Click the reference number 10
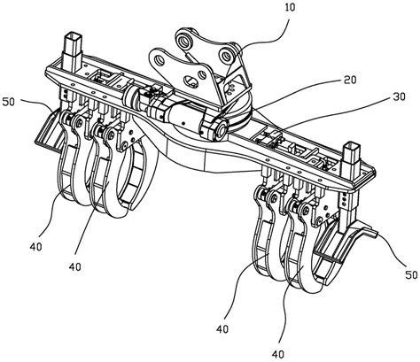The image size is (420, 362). coord(290,7)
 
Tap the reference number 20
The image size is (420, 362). coord(349,80)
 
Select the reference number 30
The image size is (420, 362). coord(399,96)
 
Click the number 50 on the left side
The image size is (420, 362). coord(9,102)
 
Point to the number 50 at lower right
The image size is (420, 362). coord(411,275)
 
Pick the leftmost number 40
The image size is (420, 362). coord(35,247)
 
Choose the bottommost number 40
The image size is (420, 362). coord(277,354)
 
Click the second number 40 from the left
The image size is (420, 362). coord(75,267)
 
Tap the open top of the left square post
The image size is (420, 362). coord(73,37)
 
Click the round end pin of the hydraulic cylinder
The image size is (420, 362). coord(221,129)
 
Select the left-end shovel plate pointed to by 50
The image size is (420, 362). coord(50,130)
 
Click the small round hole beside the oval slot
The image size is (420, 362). coord(202,74)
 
